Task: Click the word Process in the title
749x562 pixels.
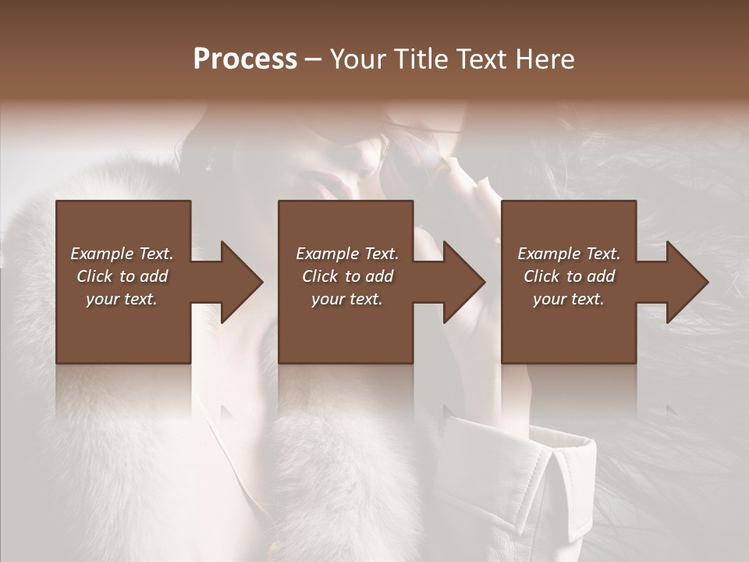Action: [245, 59]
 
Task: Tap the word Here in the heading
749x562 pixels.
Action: [545, 59]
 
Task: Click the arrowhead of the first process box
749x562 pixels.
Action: [239, 282]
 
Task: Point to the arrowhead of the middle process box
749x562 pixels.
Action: [462, 282]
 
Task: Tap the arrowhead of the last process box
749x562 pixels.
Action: [684, 282]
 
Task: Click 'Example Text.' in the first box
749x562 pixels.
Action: [122, 254]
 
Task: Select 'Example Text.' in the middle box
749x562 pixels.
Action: [347, 254]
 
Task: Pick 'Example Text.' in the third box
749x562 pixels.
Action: [569, 254]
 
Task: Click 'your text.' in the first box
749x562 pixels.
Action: [122, 299]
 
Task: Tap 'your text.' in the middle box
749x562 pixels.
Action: [347, 299]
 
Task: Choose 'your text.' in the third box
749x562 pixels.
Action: [569, 299]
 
